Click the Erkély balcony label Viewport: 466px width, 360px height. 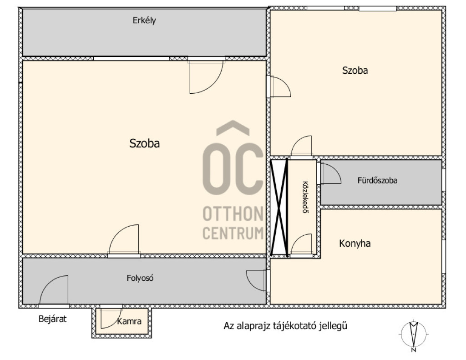[x=144, y=20]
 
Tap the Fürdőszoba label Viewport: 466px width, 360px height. [x=377, y=180]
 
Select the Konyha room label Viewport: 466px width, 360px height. [x=355, y=243]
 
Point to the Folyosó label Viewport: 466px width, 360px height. [x=140, y=278]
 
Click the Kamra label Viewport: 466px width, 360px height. [x=129, y=321]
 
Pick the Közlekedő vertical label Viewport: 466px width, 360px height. [x=304, y=197]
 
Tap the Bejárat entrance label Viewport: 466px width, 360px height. [x=53, y=319]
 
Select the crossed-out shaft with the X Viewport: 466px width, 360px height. [x=279, y=208]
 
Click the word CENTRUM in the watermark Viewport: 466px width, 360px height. [x=233, y=233]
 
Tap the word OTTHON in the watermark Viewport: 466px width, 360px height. [x=233, y=214]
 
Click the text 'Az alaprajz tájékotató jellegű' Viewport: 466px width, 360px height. [x=285, y=326]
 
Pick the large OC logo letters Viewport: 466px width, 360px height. [x=233, y=168]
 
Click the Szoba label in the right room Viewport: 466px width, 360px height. [x=355, y=71]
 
